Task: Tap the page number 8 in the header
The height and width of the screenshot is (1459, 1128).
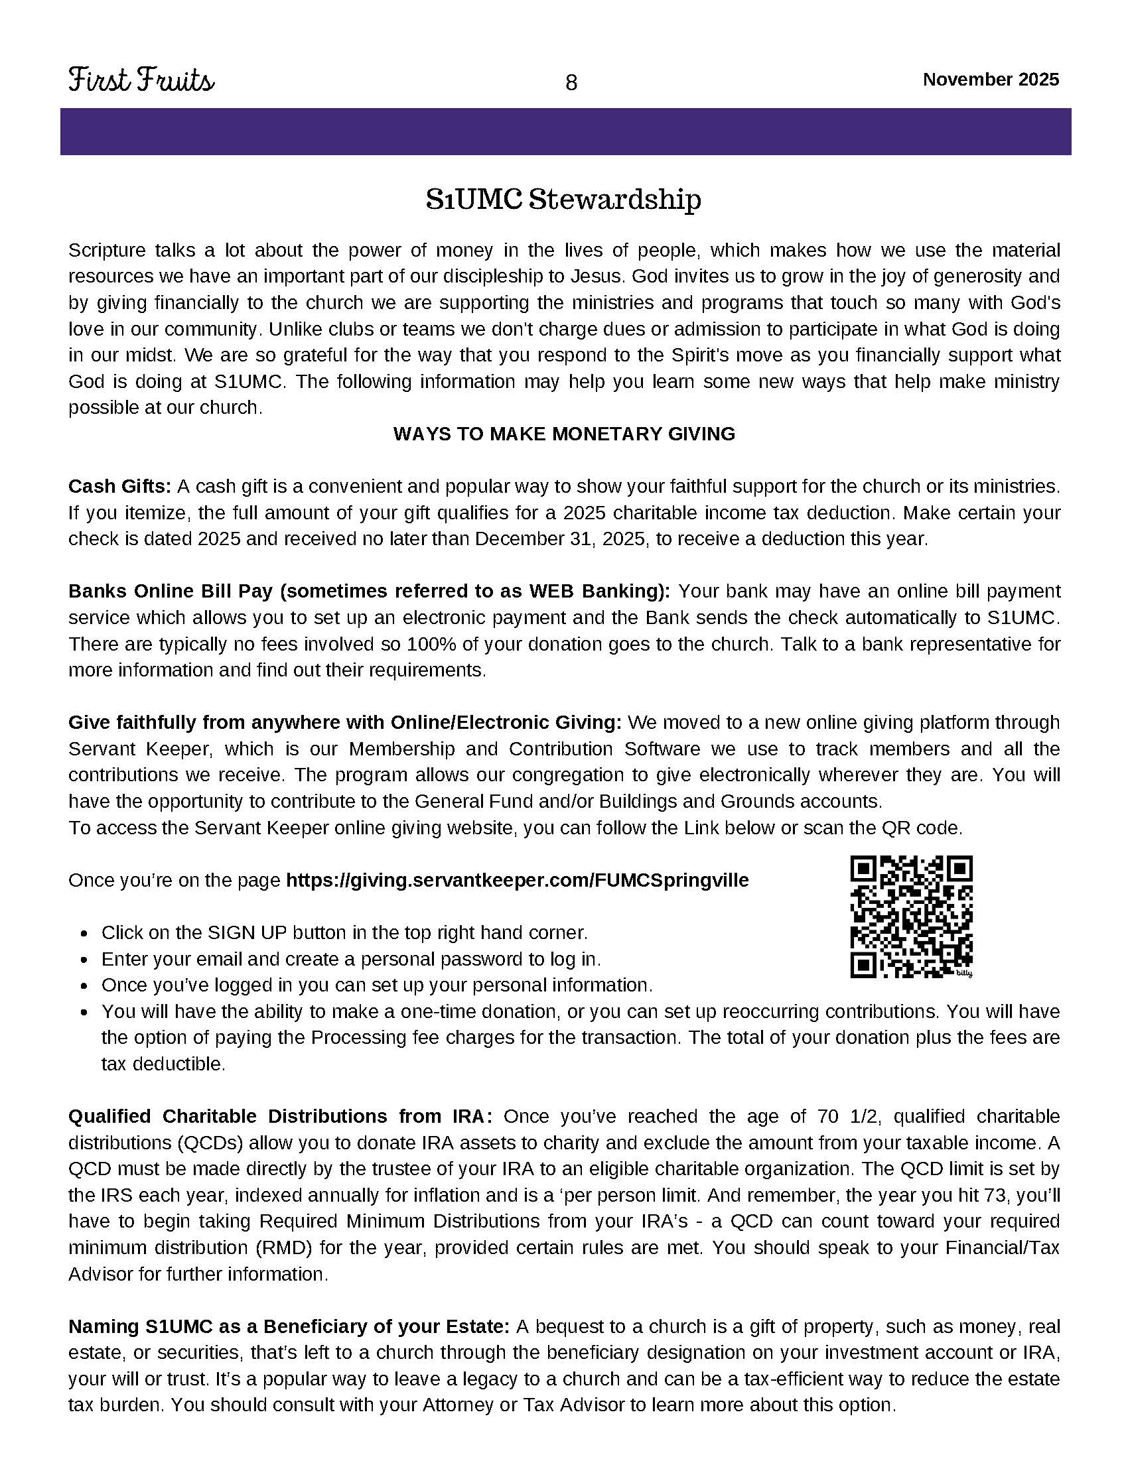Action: click(x=571, y=83)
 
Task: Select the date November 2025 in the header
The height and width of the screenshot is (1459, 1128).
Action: click(x=991, y=80)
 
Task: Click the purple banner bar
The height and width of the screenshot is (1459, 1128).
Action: click(x=565, y=131)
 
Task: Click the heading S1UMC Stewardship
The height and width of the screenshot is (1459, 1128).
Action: click(x=564, y=199)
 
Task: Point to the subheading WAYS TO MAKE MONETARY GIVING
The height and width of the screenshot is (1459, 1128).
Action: click(x=564, y=434)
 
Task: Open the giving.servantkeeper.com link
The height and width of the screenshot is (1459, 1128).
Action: click(x=518, y=880)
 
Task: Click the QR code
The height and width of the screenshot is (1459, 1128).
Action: click(x=911, y=916)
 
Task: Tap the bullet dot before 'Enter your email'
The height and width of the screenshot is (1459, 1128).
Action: click(x=84, y=960)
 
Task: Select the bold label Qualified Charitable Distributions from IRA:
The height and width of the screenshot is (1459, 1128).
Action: click(x=280, y=1116)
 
